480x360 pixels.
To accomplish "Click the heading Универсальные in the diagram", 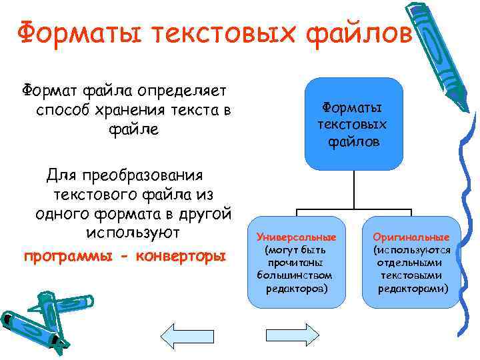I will tap(297, 237).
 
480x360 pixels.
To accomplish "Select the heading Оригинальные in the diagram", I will tap(411, 237).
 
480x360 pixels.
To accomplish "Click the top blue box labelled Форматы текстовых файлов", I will tap(354, 124).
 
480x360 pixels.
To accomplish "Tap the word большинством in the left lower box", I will tap(297, 275).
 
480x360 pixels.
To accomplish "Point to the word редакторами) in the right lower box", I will tap(413, 288).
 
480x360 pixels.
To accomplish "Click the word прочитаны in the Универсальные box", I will tap(297, 263).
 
